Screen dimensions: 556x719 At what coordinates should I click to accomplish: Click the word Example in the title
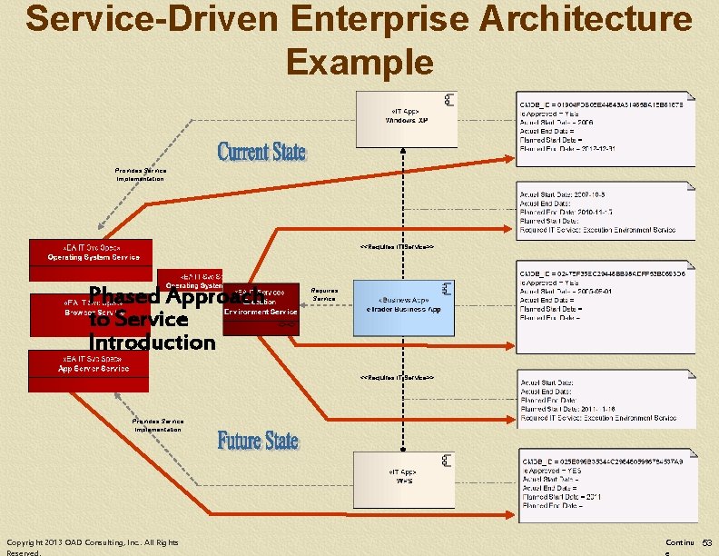pos(359,61)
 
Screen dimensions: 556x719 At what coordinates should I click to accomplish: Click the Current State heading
pos(261,151)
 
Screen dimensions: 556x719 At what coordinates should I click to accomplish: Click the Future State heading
pos(258,441)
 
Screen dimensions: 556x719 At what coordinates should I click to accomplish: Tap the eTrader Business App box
pos(403,304)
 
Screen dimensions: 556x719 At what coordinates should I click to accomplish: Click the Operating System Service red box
pos(92,252)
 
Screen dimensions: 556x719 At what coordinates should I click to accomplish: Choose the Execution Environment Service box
pos(261,305)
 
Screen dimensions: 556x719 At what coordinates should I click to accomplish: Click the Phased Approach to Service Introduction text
pos(152,319)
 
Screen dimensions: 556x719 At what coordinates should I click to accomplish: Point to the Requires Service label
pos(324,294)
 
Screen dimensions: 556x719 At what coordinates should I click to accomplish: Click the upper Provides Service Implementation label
pos(141,174)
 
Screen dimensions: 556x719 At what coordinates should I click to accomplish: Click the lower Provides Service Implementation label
pos(158,425)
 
